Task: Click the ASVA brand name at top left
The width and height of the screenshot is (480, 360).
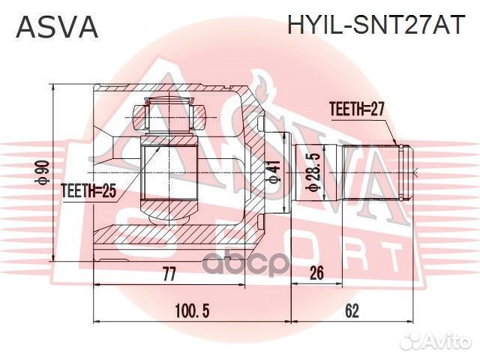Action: tap(57, 28)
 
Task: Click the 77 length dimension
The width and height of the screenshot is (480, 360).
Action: tap(169, 274)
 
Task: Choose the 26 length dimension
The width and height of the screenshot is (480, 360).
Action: tap(316, 274)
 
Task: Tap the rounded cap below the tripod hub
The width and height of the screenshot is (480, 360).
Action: tap(169, 214)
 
